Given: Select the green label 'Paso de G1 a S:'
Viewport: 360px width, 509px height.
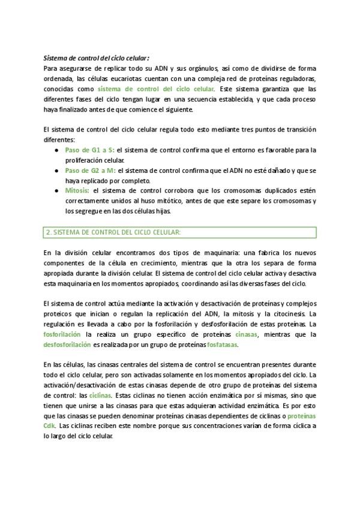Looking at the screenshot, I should [x=89, y=149].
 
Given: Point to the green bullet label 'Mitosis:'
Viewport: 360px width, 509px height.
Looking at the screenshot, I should [x=77, y=191].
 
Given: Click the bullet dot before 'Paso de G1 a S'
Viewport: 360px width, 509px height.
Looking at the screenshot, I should [x=56, y=149].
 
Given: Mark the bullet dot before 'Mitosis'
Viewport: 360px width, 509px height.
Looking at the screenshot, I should [x=56, y=191].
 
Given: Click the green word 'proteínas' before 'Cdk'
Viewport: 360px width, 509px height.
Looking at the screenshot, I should [x=302, y=415].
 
